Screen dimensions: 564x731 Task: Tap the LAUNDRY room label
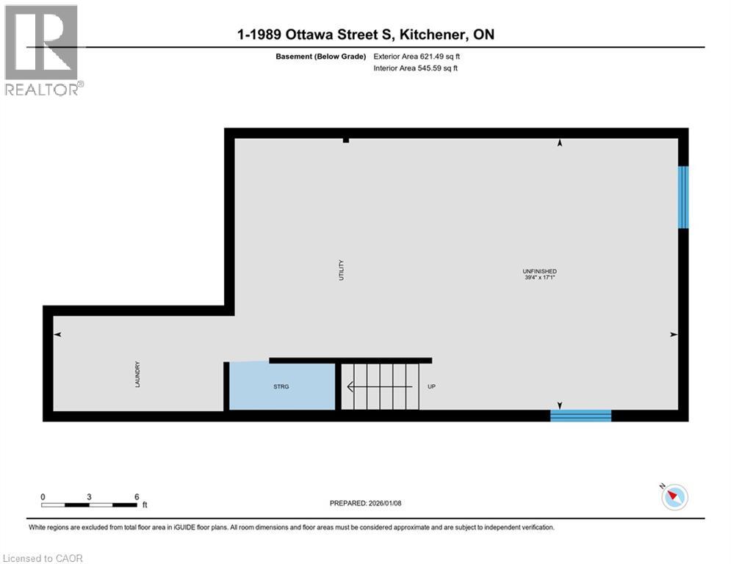click(137, 374)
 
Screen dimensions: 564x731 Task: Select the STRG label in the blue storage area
click(281, 386)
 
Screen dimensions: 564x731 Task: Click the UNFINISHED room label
click(539, 272)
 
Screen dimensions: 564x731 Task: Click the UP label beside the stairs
click(431, 386)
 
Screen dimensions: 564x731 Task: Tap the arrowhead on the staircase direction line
click(350, 386)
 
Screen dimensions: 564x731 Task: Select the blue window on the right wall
click(683, 197)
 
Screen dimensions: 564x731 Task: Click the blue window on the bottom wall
click(580, 416)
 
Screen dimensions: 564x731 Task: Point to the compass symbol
click(674, 497)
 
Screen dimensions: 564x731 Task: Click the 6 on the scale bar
click(137, 496)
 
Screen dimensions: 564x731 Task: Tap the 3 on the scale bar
click(89, 496)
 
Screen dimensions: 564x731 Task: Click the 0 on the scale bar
click(43, 496)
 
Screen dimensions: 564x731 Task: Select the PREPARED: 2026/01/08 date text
click(366, 503)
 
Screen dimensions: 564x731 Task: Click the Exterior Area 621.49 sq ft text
click(417, 56)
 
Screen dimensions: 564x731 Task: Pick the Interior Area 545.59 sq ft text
click(416, 68)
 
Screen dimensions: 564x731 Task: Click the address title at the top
click(365, 35)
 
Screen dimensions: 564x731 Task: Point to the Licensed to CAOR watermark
click(43, 558)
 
